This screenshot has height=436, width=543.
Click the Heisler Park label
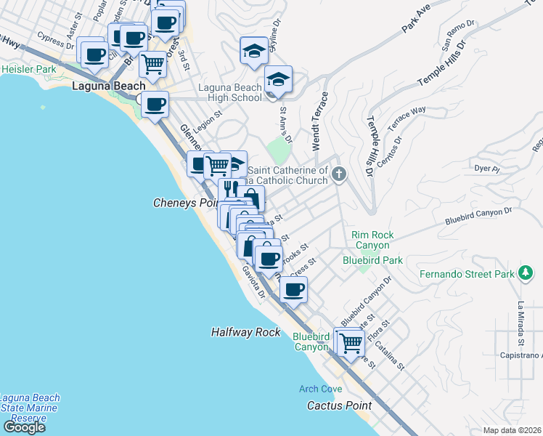pos(28,69)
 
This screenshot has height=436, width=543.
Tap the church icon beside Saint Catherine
pos(339,174)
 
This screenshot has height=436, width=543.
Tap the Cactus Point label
pos(339,405)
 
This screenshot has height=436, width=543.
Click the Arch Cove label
pos(320,389)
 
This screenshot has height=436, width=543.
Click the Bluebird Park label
pos(372,259)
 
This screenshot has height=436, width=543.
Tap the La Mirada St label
pos(520,323)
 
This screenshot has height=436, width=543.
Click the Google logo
pos(23,427)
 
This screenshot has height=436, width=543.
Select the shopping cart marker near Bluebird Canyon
pos(351,342)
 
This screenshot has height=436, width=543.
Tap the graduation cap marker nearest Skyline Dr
pos(253,50)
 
